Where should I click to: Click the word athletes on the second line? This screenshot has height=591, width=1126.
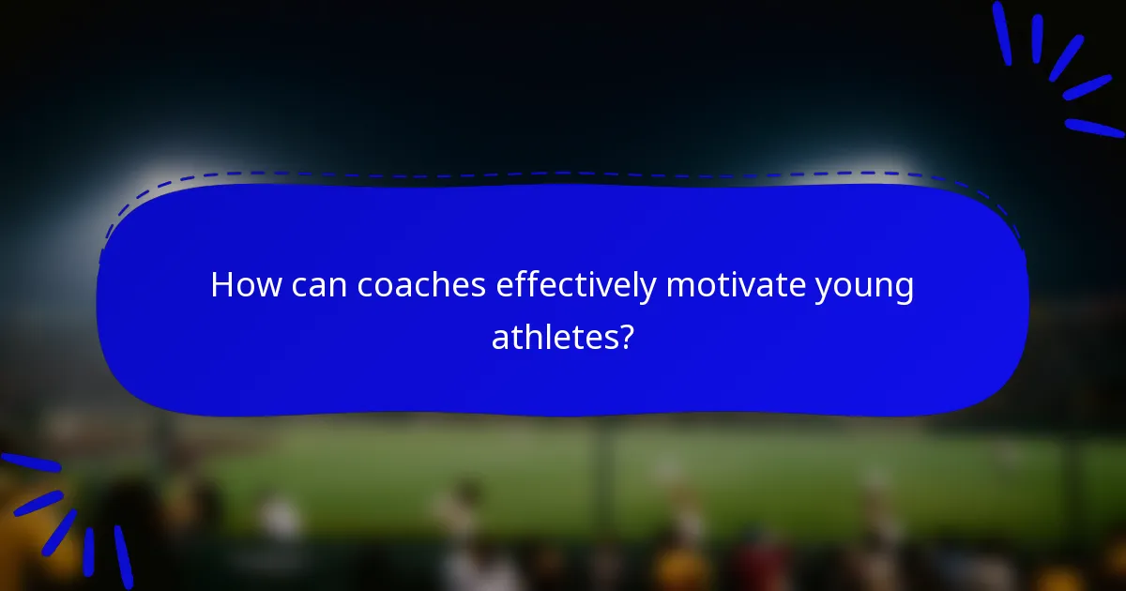(552, 337)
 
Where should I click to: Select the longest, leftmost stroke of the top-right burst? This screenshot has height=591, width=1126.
(1002, 32)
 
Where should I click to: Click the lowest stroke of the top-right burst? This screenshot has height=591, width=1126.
(1094, 128)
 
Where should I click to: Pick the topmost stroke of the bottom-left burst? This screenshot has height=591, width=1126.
(28, 462)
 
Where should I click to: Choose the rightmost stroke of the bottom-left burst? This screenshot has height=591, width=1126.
(123, 556)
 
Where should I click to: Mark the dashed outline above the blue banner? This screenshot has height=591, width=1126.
(563, 174)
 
